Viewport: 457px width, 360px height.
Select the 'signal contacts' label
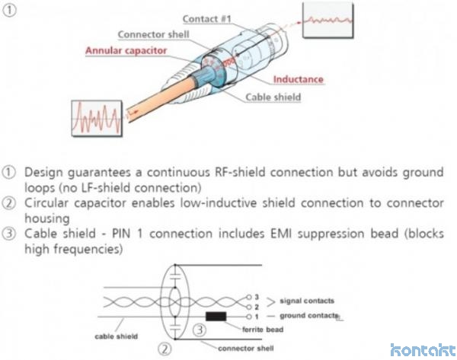(307, 301)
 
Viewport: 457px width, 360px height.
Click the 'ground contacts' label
(309, 314)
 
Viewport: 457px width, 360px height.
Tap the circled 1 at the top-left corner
(10, 10)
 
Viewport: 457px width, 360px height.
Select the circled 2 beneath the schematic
(163, 350)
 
